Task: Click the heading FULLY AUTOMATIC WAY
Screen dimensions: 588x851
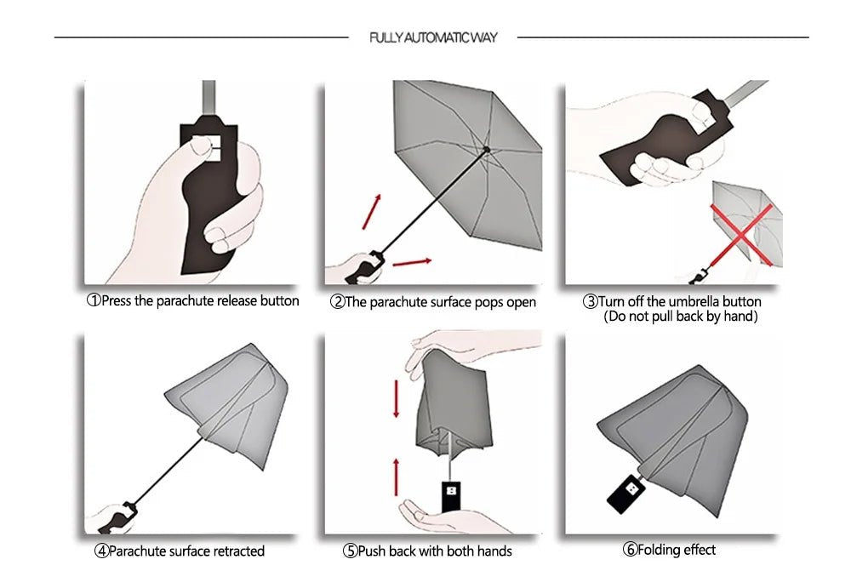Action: coord(433,37)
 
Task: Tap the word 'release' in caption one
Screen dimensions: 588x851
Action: coord(243,300)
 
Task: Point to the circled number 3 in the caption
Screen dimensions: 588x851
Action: coord(590,302)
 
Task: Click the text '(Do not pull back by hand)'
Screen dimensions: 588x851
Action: coord(680,317)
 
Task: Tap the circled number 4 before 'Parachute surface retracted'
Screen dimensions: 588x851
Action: coord(101,551)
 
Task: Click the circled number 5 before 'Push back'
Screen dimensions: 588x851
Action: coord(350,551)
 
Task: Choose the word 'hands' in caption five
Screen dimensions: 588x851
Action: coord(493,551)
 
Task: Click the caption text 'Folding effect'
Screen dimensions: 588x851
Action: coord(677,550)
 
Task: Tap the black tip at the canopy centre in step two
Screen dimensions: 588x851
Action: coord(486,149)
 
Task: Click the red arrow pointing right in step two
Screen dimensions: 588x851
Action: coord(411,261)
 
